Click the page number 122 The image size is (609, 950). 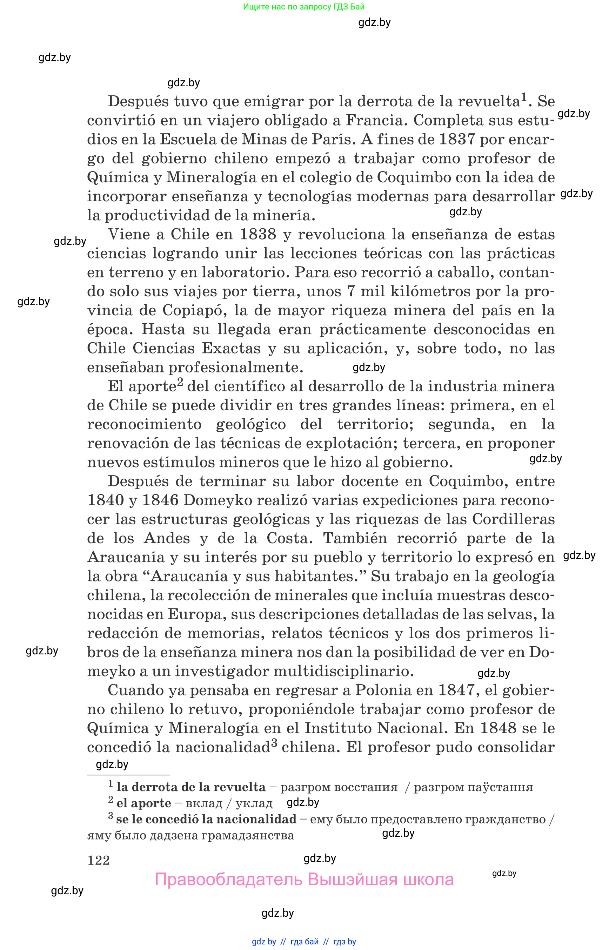(99, 860)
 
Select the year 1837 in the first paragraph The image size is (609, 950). (457, 139)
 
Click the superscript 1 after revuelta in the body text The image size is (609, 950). (524, 97)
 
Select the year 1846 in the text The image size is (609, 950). (160, 500)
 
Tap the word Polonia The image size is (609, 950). (383, 690)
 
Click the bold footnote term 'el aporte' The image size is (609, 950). (143, 803)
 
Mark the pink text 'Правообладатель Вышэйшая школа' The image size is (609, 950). (304, 880)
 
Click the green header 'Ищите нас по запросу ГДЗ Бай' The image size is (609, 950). (304, 7)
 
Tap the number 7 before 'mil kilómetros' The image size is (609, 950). (351, 291)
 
